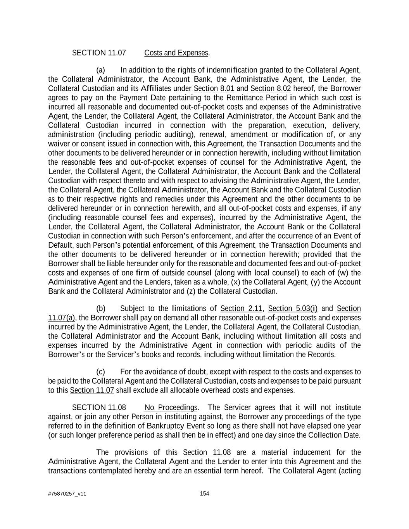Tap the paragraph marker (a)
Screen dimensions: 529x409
[x=100, y=70]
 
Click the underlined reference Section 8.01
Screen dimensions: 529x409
[x=214, y=88]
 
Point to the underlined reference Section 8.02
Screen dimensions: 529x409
[x=270, y=88]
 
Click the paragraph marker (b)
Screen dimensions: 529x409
[x=101, y=308]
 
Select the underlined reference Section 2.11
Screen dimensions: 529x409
[x=241, y=308]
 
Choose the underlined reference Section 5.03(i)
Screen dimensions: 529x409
[x=293, y=308]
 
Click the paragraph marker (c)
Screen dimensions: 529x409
[x=100, y=372]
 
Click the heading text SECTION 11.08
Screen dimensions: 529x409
[x=99, y=407]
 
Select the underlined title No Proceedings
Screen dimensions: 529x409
[x=171, y=407]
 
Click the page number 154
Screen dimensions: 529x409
[x=204, y=493]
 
